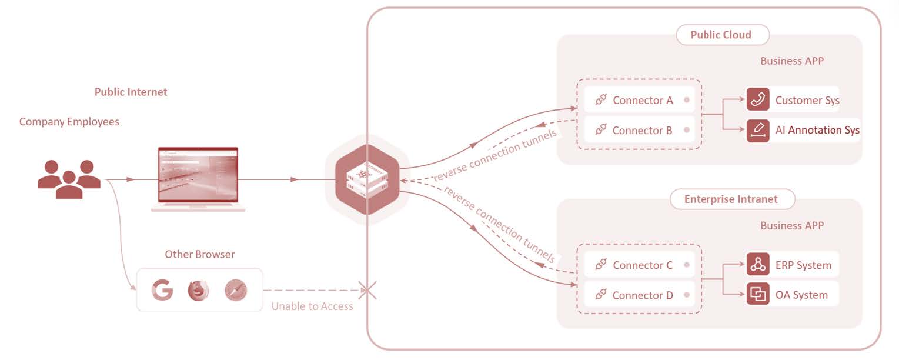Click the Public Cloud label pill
click(x=721, y=35)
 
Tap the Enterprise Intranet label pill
click(x=731, y=199)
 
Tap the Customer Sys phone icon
click(x=758, y=100)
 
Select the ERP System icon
click(x=758, y=265)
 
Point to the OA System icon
click(x=758, y=295)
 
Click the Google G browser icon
click(x=162, y=290)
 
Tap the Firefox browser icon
click(x=199, y=290)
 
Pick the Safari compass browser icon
click(x=236, y=290)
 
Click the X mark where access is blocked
click(x=367, y=290)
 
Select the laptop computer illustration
click(x=198, y=179)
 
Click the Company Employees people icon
click(x=69, y=179)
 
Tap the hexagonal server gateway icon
click(x=367, y=179)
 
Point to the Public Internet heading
click(x=131, y=92)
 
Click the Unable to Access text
click(x=312, y=306)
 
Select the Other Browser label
click(x=199, y=255)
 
